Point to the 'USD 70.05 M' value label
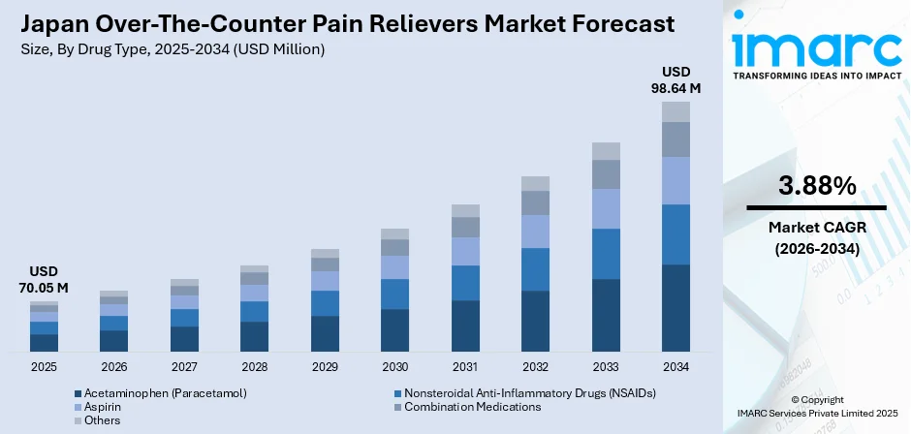pos(44,279)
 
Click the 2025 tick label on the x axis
pos(44,367)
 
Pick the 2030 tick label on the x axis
pos(394,367)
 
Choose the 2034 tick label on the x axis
pos(675,367)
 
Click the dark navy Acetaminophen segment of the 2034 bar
pos(675,307)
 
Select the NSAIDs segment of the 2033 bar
pos(606,254)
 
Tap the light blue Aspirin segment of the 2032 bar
pos(535,231)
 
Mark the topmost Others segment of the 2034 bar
pos(675,111)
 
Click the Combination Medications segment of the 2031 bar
pos(465,228)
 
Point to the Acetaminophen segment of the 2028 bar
pos(254,335)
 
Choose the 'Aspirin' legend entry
pos(104,407)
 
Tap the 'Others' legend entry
pos(102,420)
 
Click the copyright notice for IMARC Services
pos(816,405)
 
